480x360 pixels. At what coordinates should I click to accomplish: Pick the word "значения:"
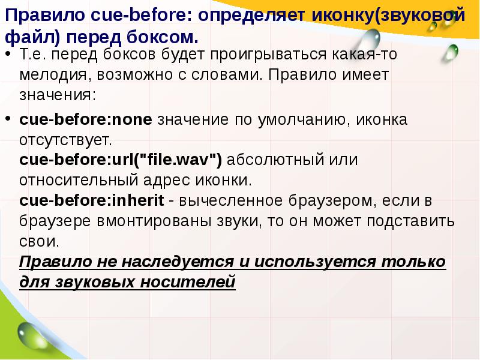point(57,96)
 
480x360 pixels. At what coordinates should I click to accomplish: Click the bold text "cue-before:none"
point(86,119)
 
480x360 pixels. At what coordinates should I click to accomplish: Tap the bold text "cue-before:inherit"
point(93,200)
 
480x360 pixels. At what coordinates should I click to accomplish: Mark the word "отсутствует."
point(66,140)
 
